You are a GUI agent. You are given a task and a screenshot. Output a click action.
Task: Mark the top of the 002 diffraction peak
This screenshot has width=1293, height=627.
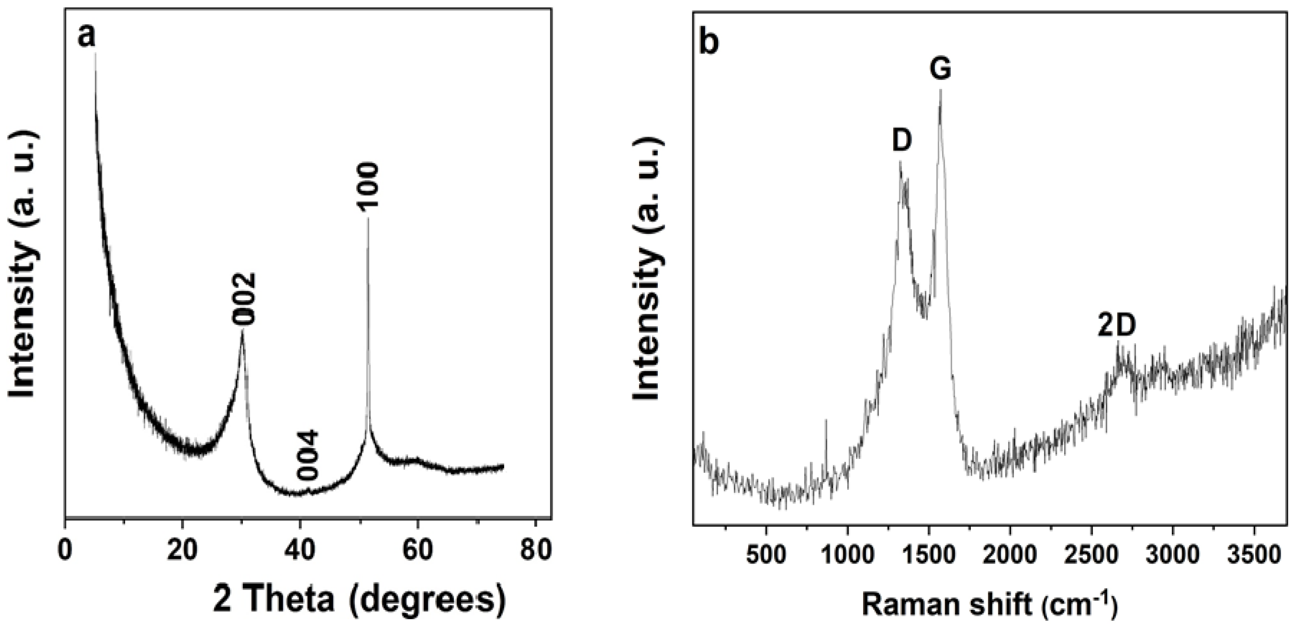click(x=242, y=331)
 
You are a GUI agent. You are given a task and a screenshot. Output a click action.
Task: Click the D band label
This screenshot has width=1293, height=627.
click(x=902, y=141)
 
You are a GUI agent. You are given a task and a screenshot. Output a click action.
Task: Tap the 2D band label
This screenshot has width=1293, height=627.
click(x=1116, y=326)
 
